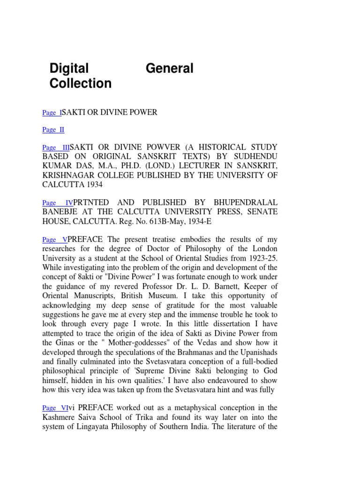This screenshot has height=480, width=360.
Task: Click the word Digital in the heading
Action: [x=69, y=68]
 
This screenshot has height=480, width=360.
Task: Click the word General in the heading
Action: [x=169, y=68]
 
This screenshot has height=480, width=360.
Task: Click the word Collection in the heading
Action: [x=81, y=83]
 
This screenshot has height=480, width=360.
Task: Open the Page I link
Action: [x=52, y=112]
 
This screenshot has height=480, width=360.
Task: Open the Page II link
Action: [x=53, y=130]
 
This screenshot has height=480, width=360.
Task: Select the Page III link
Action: [x=56, y=148]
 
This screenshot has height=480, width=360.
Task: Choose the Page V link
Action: [x=55, y=240]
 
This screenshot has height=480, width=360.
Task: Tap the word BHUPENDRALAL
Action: [x=243, y=202]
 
